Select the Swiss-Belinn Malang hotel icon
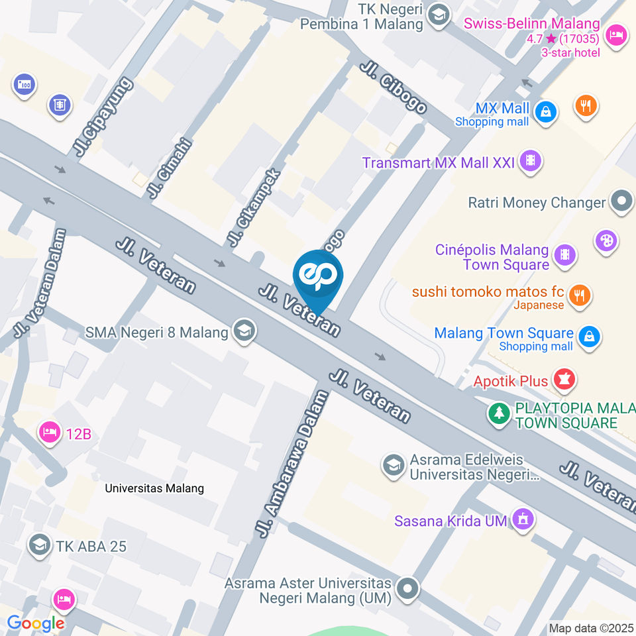click(616, 36)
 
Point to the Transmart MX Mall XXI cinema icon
click(531, 160)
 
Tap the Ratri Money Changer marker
click(621, 202)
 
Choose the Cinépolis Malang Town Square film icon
click(564, 254)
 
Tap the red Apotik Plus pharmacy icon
click(564, 380)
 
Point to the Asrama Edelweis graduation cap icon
click(394, 466)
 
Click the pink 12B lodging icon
click(49, 433)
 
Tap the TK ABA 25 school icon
click(40, 545)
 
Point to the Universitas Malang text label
click(155, 488)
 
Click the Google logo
click(36, 623)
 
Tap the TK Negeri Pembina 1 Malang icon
click(437, 15)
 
